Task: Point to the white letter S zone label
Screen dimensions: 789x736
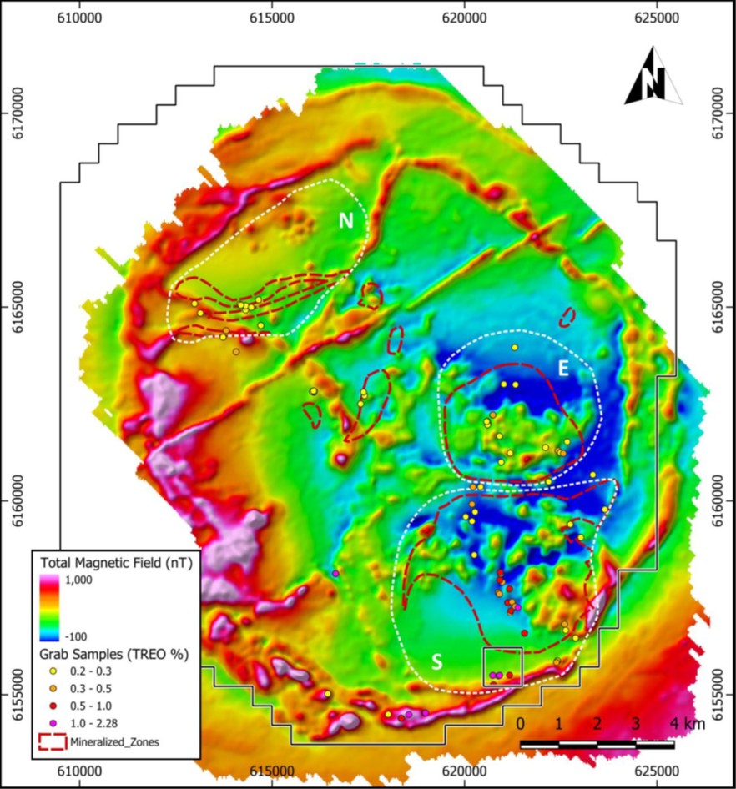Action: (436, 661)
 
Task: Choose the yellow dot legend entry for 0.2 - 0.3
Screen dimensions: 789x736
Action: (52, 671)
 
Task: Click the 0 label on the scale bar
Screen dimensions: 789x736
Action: (521, 723)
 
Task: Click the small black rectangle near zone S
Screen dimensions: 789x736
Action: (502, 666)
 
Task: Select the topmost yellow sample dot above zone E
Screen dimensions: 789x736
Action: (515, 347)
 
